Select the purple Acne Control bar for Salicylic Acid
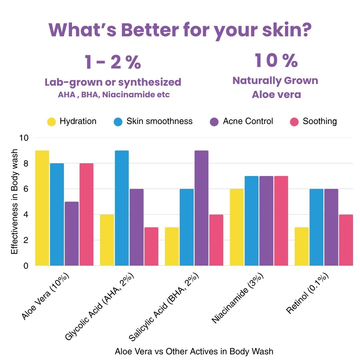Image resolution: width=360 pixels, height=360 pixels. [201, 208]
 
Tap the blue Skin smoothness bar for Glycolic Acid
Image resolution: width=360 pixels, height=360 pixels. [121, 208]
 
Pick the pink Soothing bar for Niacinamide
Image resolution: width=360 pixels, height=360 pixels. [281, 221]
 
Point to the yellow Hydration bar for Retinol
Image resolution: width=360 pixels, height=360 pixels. [301, 246]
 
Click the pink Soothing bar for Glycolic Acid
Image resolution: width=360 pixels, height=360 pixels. [151, 246]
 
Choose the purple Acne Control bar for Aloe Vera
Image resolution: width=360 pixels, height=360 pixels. [71, 233]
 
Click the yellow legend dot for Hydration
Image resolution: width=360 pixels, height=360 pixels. [51, 122]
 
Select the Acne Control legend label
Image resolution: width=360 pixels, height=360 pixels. [248, 121]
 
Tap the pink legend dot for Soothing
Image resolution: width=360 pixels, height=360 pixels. [294, 122]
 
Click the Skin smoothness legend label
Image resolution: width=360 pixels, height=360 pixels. [159, 121]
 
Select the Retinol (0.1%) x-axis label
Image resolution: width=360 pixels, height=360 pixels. [308, 294]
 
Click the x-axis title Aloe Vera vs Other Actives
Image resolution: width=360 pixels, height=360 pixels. [194, 351]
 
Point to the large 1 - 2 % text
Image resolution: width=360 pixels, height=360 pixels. [113, 62]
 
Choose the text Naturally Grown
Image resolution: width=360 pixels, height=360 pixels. [275, 81]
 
